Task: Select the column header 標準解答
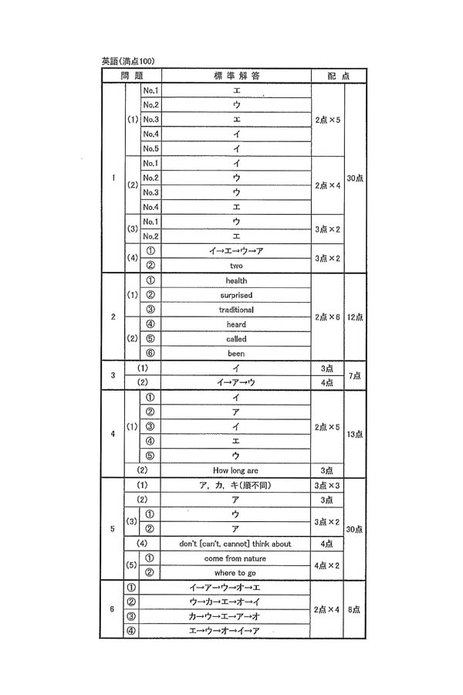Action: point(236,76)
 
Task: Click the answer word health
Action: point(236,280)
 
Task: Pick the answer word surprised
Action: point(236,295)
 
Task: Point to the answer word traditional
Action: point(236,310)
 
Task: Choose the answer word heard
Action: point(236,324)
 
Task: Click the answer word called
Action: point(236,339)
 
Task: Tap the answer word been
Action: point(236,354)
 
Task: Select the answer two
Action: point(236,266)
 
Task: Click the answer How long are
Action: point(236,470)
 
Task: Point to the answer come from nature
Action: point(236,558)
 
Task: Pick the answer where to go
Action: point(236,573)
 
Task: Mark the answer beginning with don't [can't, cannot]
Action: point(236,544)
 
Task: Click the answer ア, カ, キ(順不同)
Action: point(236,485)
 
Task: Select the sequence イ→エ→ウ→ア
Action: point(236,251)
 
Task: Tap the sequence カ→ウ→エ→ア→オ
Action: point(236,616)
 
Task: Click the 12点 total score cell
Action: point(355,317)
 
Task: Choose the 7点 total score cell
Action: point(355,375)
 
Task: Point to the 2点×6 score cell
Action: point(327,317)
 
